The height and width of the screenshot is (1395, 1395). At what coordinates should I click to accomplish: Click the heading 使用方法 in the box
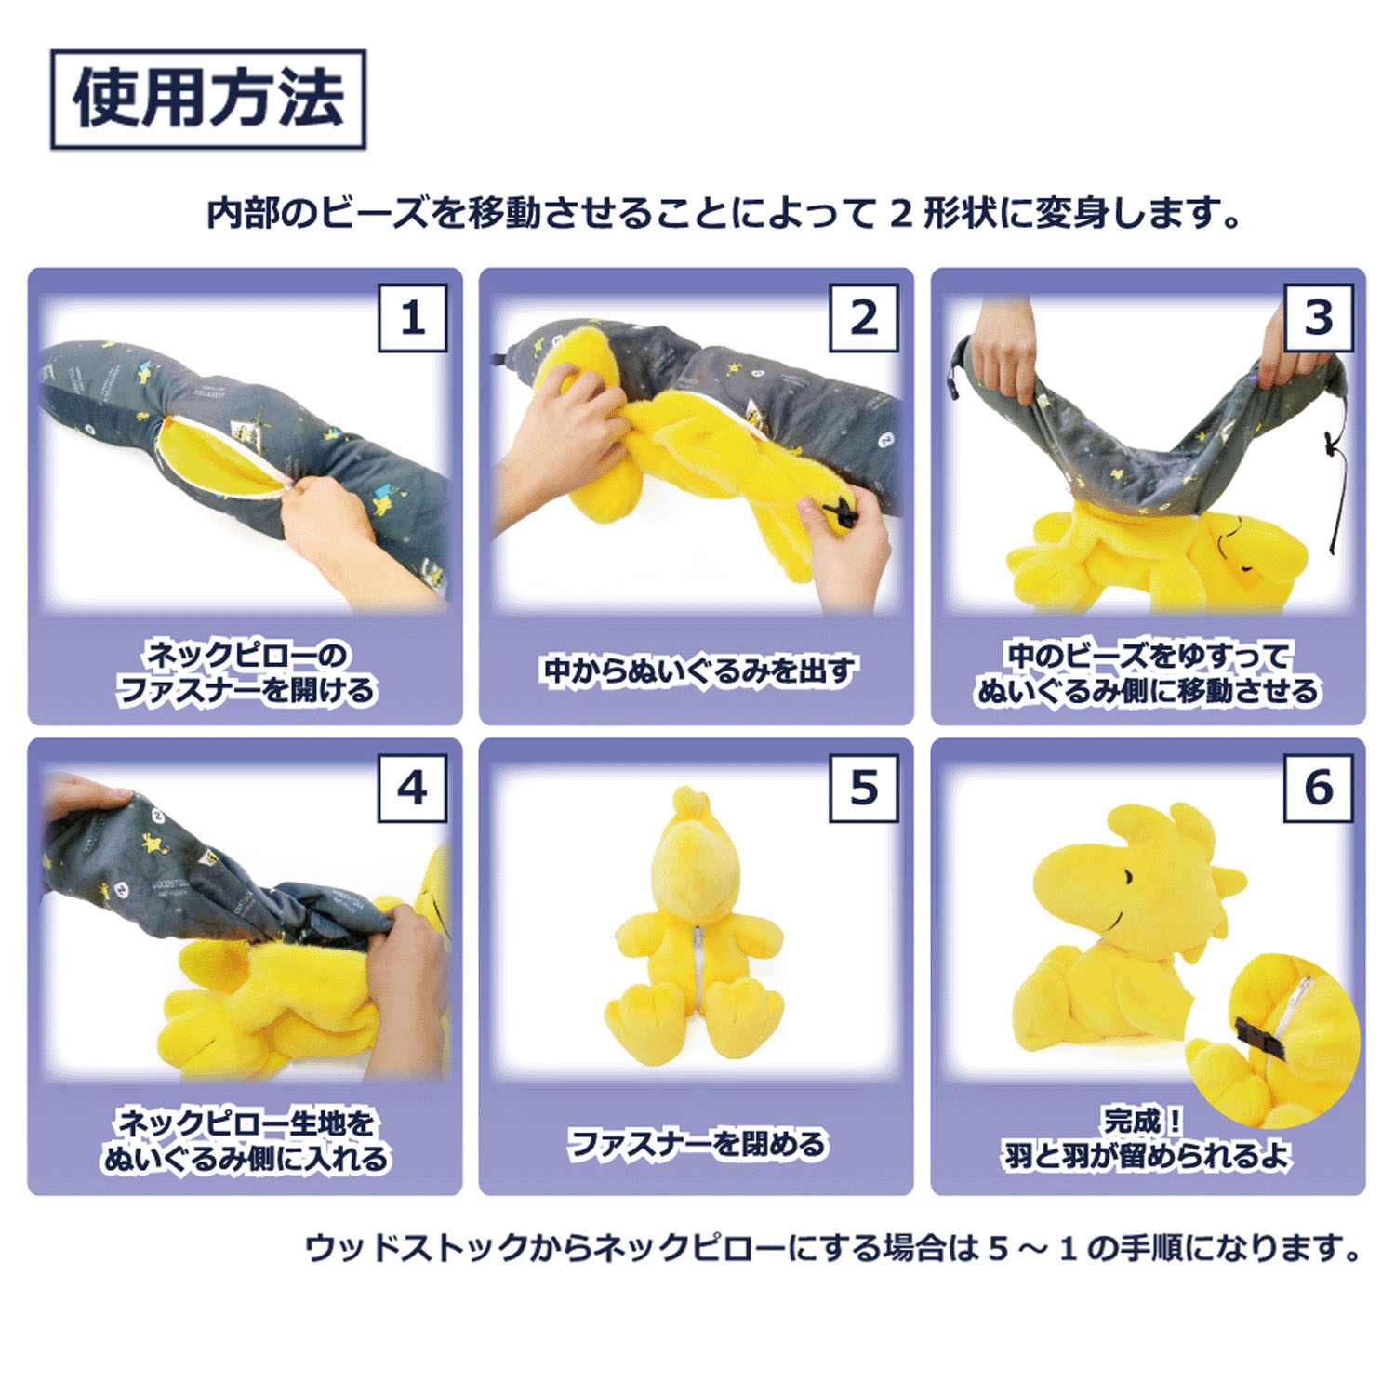208,100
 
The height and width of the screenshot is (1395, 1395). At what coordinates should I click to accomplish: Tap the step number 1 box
412,319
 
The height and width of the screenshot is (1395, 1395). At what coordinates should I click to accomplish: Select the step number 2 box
863,319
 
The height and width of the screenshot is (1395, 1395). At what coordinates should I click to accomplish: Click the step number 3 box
1318,319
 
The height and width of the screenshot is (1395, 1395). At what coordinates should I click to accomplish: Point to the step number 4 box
412,789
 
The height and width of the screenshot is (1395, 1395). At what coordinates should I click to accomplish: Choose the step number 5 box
863,789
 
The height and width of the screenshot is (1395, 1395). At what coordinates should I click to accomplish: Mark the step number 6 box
1318,789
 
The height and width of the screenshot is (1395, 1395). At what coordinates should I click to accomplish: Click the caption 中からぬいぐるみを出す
697,671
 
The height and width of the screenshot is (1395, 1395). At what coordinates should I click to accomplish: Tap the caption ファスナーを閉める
697,1143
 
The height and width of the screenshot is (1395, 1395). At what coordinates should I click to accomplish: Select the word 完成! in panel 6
1143,1121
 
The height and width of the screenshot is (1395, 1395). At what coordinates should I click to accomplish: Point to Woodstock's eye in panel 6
1128,878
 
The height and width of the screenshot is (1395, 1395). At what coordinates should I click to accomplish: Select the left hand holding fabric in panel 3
1003,358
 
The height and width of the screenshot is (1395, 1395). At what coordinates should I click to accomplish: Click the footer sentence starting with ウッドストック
832,1248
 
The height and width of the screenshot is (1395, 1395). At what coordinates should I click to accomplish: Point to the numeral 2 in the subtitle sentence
899,214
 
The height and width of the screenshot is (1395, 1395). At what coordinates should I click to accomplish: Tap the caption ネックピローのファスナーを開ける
246,672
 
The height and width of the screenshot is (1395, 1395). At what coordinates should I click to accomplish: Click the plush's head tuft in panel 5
688,800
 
